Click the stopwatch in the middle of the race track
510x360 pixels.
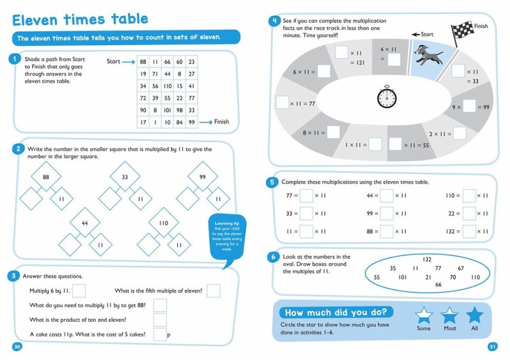coord(387,97)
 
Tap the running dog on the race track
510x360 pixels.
coord(428,55)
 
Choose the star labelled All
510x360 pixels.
coord(474,315)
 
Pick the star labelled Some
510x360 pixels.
coord(424,315)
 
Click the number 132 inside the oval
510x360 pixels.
coord(426,259)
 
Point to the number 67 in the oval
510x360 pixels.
coord(460,268)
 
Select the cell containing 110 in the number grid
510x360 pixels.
coord(168,86)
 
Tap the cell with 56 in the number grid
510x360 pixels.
coord(155,86)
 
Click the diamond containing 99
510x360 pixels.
coord(203,176)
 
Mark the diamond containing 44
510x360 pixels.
coord(85,223)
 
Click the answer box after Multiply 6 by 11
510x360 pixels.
coord(78,291)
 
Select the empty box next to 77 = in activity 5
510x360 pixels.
coord(306,196)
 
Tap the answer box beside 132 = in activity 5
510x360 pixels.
coord(469,231)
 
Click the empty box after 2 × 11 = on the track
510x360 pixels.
coord(459,133)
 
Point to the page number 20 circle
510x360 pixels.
coord(17,347)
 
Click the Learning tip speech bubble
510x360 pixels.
coord(227,237)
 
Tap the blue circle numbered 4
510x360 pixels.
coord(275,21)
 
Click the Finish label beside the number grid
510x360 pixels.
coord(221,122)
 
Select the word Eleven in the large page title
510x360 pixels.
coord(35,20)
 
